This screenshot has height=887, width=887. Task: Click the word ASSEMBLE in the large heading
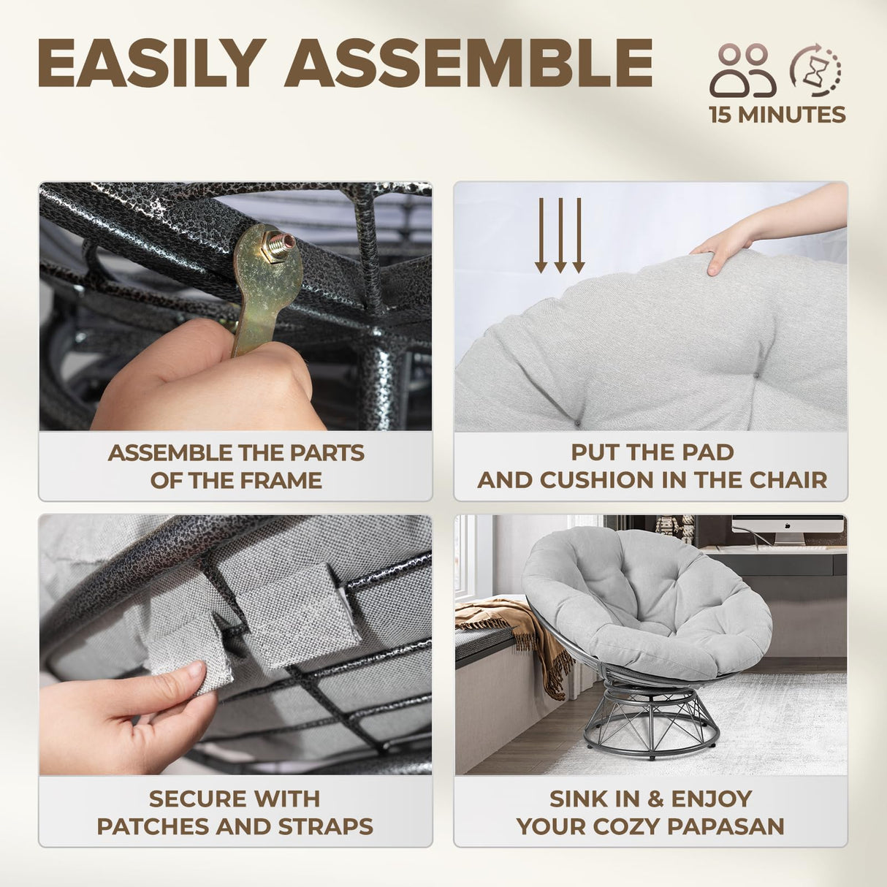(468, 63)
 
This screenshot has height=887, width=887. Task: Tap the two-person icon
(742, 70)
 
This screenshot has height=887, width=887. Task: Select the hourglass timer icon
(815, 70)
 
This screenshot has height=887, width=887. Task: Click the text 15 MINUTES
(777, 115)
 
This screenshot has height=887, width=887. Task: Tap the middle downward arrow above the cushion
(560, 235)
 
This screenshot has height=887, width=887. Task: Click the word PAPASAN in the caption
(726, 826)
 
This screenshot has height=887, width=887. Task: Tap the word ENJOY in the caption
(712, 799)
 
